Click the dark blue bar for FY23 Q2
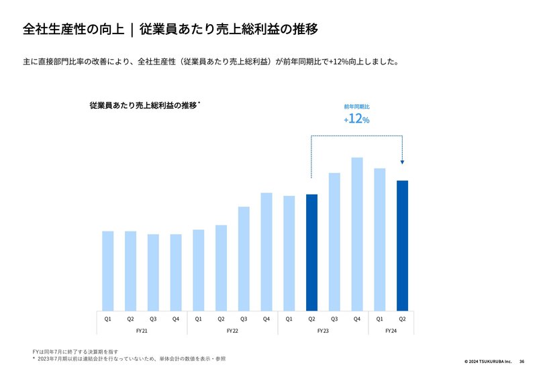311,252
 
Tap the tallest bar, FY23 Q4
357,233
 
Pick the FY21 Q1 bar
108,270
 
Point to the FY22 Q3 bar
244,258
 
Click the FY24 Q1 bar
380,239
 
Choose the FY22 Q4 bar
266,251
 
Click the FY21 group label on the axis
142,331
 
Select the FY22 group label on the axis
232,331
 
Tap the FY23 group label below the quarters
323,331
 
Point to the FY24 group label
391,331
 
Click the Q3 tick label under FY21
153,319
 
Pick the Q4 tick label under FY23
357,319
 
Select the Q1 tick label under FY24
380,319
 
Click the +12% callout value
356,119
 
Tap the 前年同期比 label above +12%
356,107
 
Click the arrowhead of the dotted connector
402,161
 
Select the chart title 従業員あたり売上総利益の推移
143,105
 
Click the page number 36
522,361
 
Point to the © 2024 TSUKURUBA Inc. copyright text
487,361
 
